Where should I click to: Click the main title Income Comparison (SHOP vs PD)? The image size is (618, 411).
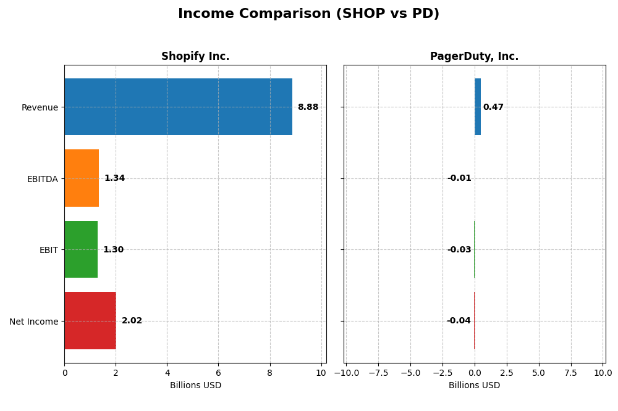(308, 14)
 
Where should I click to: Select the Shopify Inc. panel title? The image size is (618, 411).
(195, 57)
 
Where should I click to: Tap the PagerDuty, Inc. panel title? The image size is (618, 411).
(474, 57)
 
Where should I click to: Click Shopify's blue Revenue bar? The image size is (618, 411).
(178, 107)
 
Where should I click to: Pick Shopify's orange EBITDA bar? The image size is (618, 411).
(82, 178)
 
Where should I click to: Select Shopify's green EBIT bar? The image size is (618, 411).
(81, 249)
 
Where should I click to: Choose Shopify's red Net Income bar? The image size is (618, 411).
(90, 321)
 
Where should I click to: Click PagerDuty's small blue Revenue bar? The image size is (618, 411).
(478, 107)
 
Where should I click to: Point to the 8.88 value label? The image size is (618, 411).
(308, 107)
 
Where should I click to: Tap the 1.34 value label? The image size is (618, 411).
(114, 178)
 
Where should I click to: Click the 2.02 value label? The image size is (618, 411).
(132, 321)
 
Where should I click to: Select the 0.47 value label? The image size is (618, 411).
(493, 107)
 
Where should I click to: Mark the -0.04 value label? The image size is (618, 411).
(459, 321)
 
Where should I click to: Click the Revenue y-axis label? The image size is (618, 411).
(40, 107)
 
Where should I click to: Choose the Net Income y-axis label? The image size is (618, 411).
(33, 322)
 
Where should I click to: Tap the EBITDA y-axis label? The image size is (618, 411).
(42, 179)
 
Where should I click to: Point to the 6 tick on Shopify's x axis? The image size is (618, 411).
(218, 373)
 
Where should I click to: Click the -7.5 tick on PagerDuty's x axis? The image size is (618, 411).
(378, 373)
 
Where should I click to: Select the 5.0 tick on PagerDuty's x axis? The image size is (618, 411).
(539, 373)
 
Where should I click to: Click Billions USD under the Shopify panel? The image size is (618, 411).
(195, 386)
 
